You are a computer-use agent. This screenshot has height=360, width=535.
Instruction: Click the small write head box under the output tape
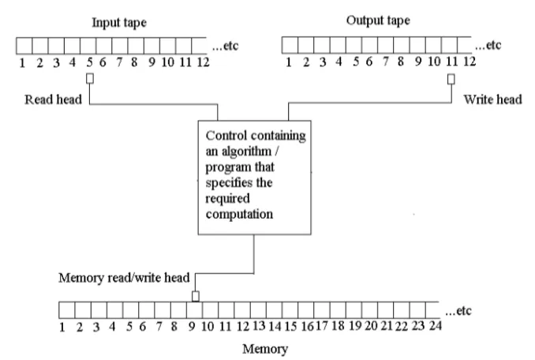[x=451, y=78]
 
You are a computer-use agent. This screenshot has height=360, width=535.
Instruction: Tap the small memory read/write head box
[x=195, y=296]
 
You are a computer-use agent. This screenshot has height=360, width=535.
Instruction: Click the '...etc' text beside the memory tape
[x=458, y=310]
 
